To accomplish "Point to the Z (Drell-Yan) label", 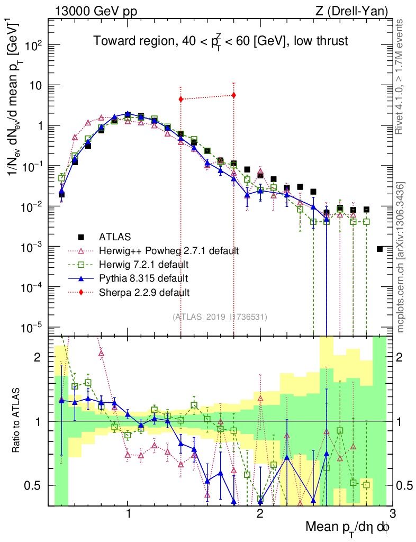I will coord(358,11).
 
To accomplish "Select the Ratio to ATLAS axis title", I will coord(18,421).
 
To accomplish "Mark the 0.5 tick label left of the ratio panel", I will coord(36,485).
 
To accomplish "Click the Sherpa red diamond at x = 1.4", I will coord(181,99).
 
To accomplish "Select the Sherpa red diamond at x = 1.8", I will coord(233,95).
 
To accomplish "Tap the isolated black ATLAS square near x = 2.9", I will coord(379,249).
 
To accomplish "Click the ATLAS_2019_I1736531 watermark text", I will coord(220,317).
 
